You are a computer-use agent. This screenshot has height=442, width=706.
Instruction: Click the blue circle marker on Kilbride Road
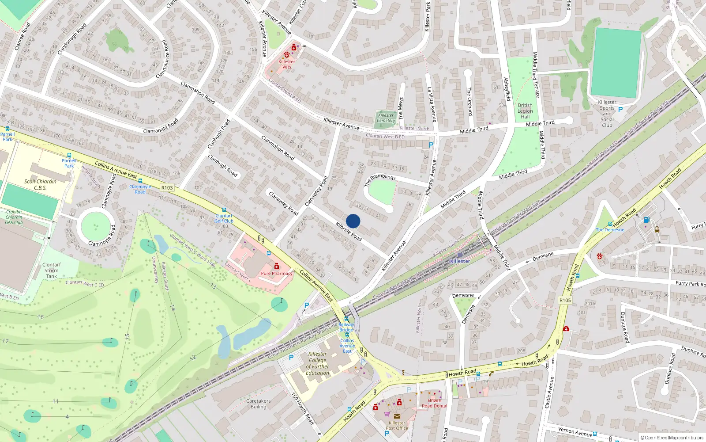click(353, 221)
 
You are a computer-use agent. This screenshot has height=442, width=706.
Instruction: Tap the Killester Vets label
click(287, 64)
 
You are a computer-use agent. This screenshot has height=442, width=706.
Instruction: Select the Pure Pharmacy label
click(277, 273)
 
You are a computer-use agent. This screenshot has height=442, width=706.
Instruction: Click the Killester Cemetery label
click(386, 118)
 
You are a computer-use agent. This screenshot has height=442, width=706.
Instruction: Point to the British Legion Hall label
click(525, 111)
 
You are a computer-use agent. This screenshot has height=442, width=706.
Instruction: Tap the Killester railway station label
click(460, 261)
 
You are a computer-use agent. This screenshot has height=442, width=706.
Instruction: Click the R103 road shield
click(167, 188)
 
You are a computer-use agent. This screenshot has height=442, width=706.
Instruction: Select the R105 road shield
click(565, 300)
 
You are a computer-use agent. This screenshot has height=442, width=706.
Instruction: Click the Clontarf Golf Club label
click(224, 218)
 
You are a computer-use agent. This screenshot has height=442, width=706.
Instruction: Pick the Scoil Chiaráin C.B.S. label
click(40, 184)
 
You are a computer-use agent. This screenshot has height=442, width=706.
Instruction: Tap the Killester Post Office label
click(397, 425)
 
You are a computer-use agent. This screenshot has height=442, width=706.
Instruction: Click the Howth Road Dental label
click(434, 403)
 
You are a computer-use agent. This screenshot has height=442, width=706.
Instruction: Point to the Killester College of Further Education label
click(318, 363)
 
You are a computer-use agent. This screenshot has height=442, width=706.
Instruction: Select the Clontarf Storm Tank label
click(52, 271)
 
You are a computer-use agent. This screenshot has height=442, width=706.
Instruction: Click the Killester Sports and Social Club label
click(607, 114)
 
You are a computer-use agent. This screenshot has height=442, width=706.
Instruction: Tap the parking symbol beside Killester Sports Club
click(620, 110)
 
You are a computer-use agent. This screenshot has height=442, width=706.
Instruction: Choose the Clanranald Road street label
click(161, 126)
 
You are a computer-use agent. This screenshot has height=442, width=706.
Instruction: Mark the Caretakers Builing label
click(259, 404)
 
